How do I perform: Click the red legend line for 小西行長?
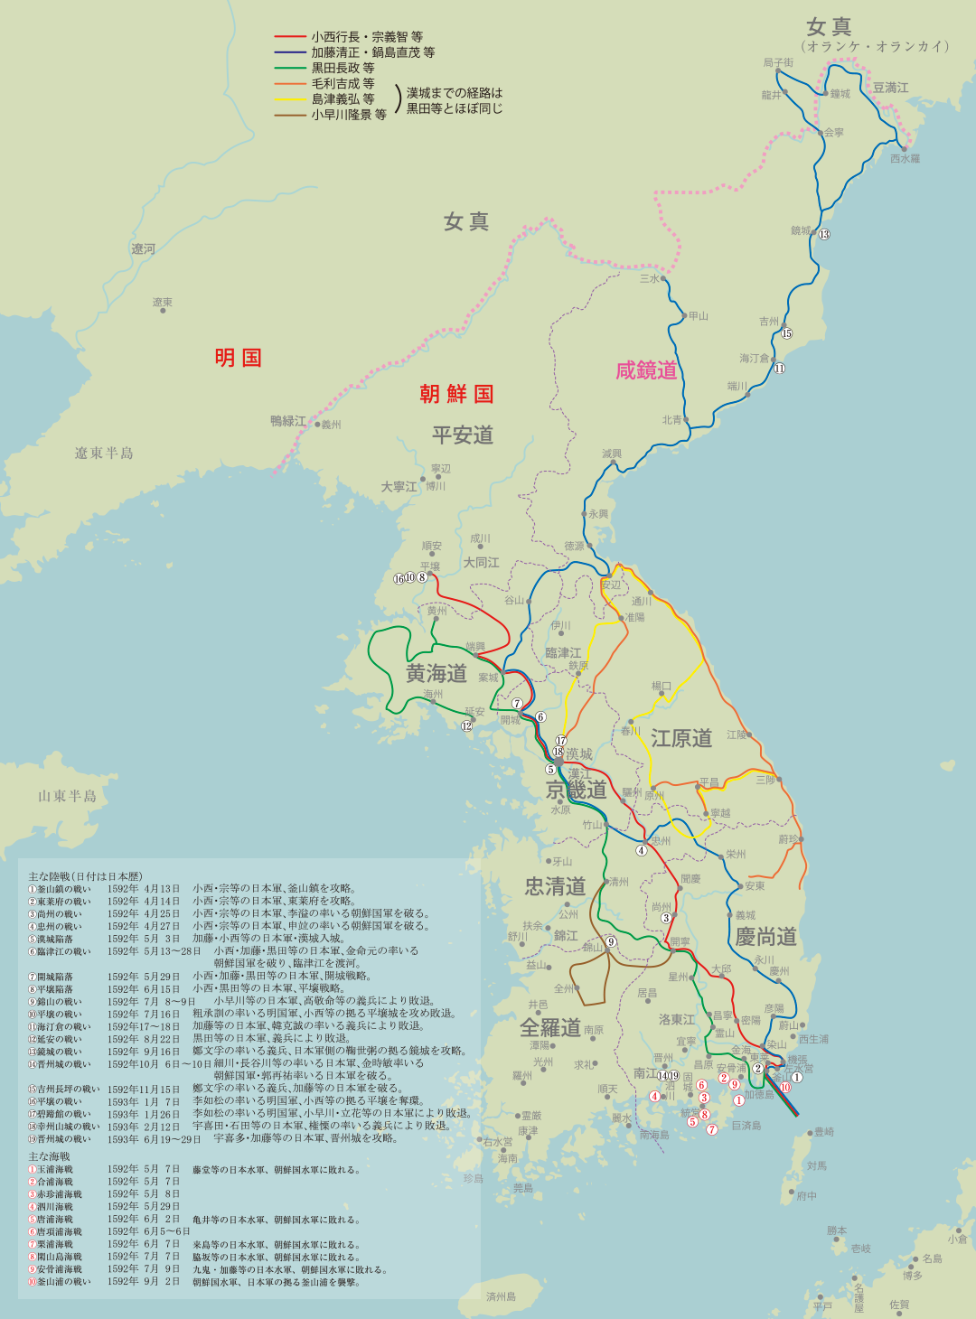[x=291, y=37]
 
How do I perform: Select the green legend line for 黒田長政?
[x=291, y=68]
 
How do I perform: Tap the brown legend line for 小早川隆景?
[x=291, y=115]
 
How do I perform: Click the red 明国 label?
[x=239, y=358]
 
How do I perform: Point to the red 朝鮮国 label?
[x=456, y=394]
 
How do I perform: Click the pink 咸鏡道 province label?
[x=646, y=370]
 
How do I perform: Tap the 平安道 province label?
[x=463, y=435]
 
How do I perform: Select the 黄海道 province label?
[x=436, y=673]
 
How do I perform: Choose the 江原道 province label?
[x=681, y=738]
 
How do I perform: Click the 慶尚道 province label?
[x=765, y=936]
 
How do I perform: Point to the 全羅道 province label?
[x=550, y=1028]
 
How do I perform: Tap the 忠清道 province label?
[x=555, y=886]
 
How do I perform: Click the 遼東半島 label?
[x=104, y=454]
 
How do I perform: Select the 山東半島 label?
[x=67, y=796]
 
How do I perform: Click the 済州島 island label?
[x=501, y=1296]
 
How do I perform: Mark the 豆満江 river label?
[x=890, y=88]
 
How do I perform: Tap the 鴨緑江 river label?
[x=288, y=421]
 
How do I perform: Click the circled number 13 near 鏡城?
[x=824, y=235]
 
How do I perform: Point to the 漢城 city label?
[x=579, y=754]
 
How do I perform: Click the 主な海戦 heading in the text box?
[x=49, y=1156]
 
